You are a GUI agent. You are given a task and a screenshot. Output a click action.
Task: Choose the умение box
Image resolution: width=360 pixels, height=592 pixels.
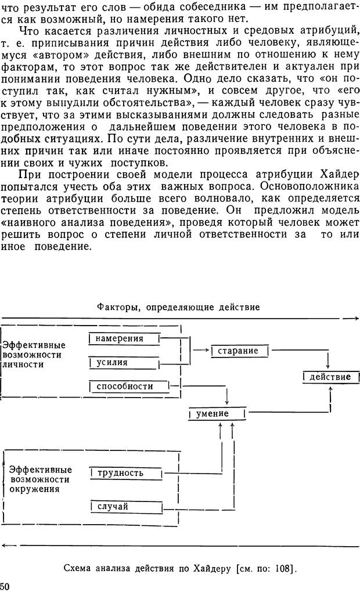click(217, 414)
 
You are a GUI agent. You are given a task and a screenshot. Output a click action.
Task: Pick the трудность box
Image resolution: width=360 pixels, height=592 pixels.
click(124, 472)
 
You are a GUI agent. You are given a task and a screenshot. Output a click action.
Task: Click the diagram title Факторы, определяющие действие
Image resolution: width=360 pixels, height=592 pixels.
click(178, 306)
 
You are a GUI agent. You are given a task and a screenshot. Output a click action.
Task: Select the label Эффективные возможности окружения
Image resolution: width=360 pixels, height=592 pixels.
click(39, 479)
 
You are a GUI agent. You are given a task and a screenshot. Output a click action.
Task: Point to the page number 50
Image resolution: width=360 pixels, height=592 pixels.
click(5, 585)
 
